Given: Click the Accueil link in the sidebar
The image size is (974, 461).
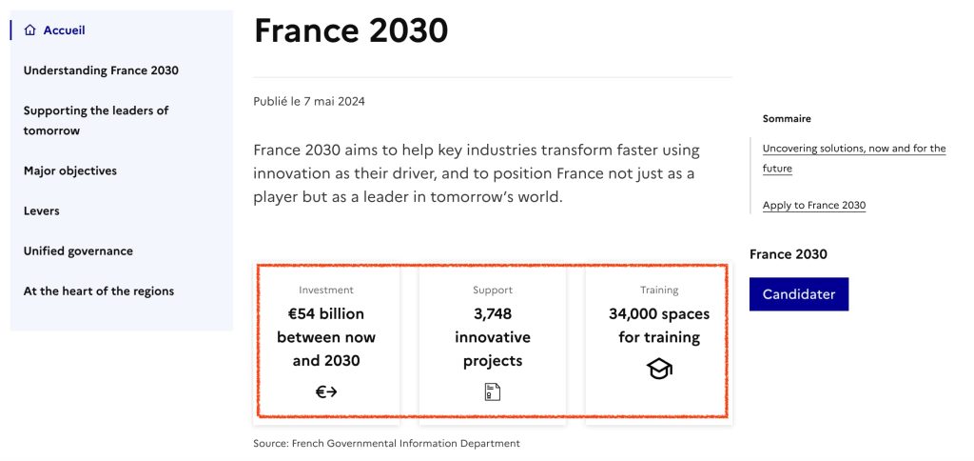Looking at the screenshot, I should (x=64, y=30).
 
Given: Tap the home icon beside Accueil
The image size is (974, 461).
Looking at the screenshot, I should (x=30, y=30).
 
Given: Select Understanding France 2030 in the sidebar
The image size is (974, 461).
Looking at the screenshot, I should (x=101, y=70).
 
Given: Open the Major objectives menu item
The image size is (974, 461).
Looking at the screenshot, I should (x=70, y=171).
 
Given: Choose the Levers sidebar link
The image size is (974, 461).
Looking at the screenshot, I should (x=41, y=211).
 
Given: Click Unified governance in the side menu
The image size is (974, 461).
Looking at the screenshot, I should (x=78, y=251).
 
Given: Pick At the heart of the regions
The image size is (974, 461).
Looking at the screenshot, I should (x=99, y=291).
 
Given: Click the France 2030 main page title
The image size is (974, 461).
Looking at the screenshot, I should (x=351, y=30).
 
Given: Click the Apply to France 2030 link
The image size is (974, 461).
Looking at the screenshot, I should (x=814, y=206).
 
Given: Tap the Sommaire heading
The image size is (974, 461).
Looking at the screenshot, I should (x=787, y=119).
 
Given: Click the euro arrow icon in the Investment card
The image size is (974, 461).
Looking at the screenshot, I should (x=326, y=391).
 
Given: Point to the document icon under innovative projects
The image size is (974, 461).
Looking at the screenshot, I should (x=493, y=391).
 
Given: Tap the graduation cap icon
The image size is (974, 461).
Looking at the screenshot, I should (x=659, y=369).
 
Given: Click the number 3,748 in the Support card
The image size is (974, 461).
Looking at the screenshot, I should (x=493, y=313).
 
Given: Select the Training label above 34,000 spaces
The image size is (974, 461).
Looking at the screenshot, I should (x=659, y=291).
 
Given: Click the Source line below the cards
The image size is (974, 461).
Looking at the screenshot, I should (x=386, y=444).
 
